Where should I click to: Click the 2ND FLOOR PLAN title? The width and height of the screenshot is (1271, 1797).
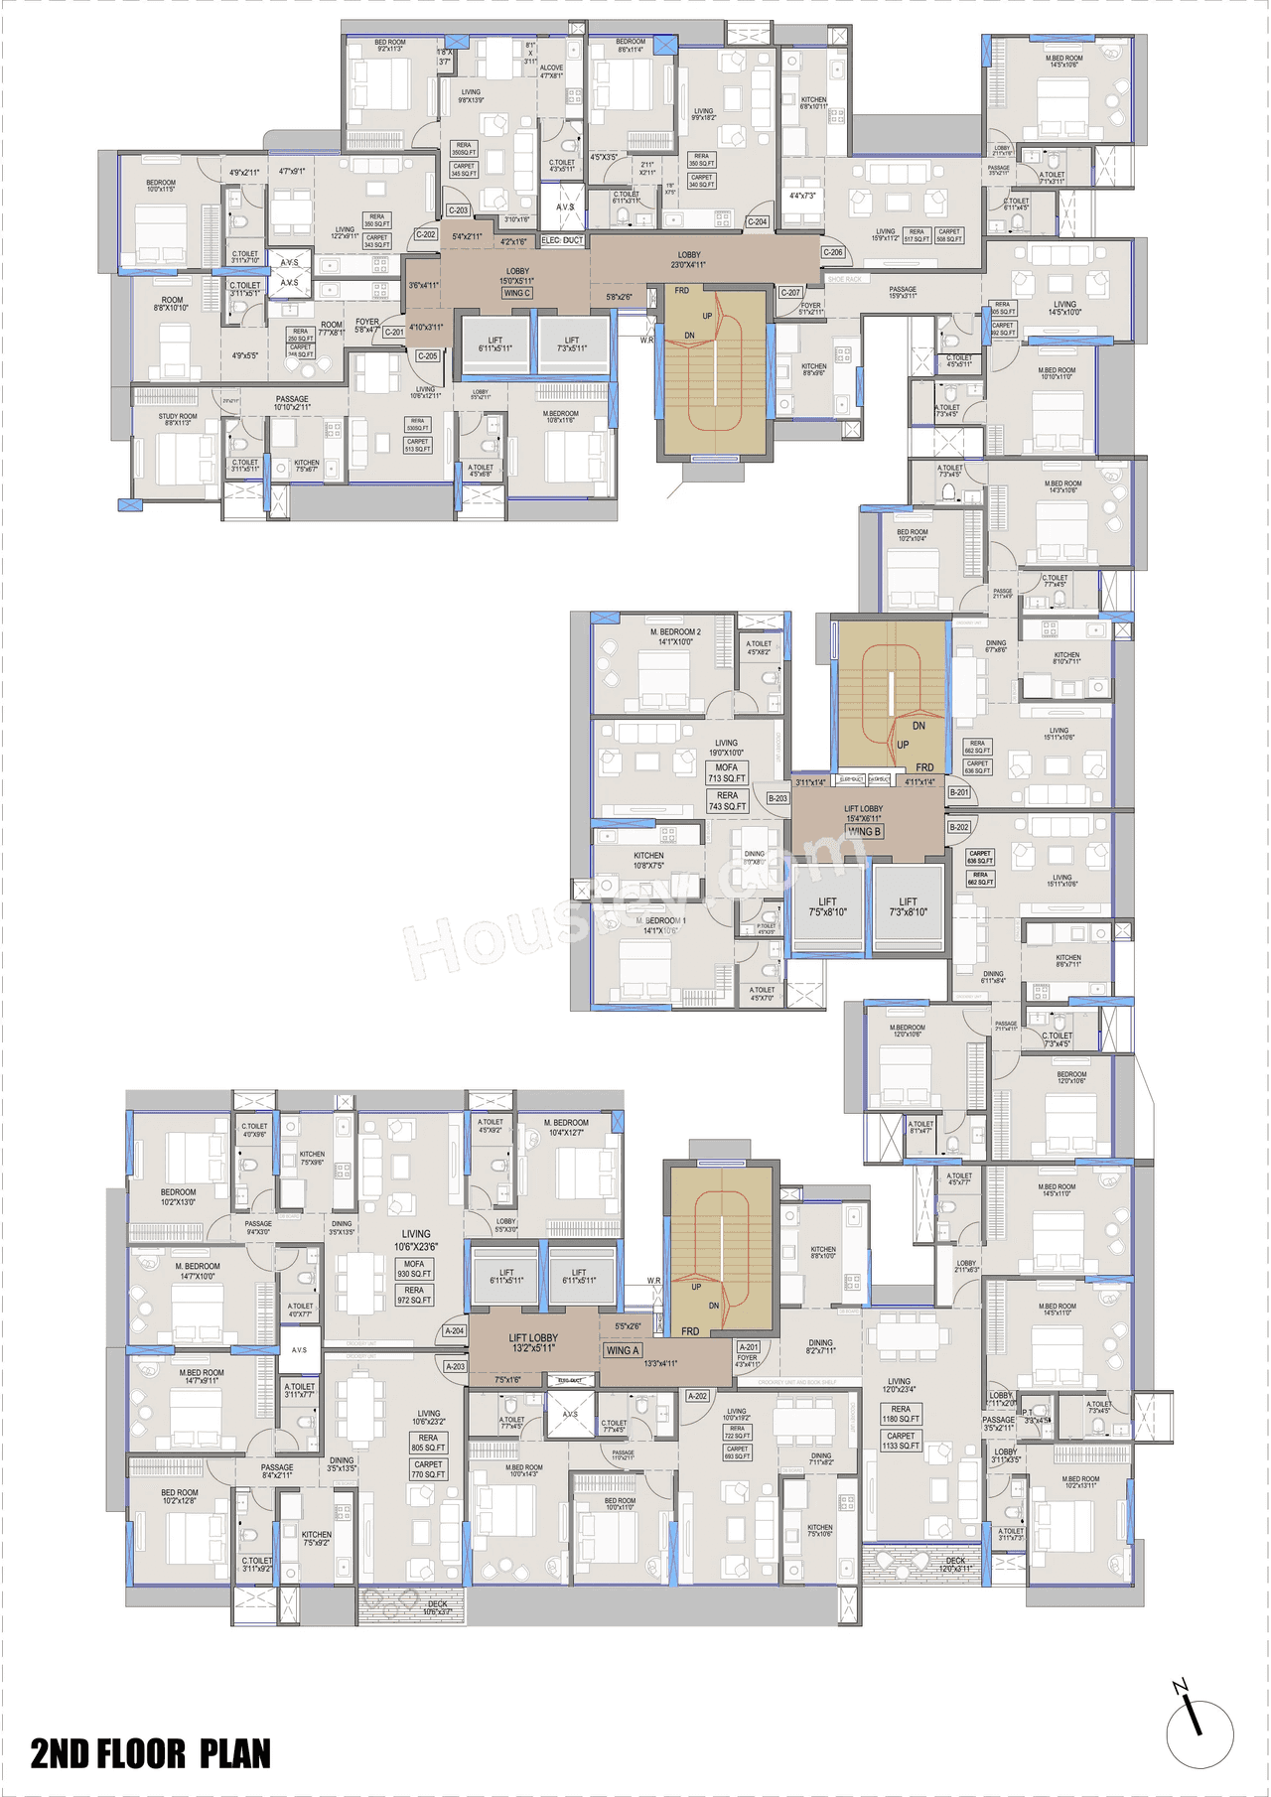click(150, 1753)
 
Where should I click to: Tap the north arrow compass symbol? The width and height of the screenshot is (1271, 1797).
click(1199, 1731)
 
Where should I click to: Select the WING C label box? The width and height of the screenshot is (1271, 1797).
click(517, 293)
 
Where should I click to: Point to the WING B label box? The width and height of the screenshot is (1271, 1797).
click(864, 832)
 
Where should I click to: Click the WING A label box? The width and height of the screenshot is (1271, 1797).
click(623, 1350)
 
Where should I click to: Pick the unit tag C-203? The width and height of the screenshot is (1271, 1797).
click(458, 210)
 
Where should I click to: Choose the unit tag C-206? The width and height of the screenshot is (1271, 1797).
click(833, 252)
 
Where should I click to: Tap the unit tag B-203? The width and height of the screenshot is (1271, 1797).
click(777, 798)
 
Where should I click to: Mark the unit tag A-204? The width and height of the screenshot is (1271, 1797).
click(455, 1330)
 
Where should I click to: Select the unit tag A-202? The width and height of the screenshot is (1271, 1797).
click(698, 1396)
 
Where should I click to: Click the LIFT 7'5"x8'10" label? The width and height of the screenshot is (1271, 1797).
click(827, 907)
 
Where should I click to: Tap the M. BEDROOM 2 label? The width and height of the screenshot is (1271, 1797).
click(675, 636)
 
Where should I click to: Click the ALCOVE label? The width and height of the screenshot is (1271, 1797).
click(552, 71)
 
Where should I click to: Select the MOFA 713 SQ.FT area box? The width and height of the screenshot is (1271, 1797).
click(727, 772)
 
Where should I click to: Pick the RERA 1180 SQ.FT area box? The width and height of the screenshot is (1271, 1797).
click(901, 1414)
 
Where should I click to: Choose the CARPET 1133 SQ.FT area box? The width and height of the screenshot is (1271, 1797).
click(901, 1441)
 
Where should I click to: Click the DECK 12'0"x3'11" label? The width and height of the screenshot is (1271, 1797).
click(955, 1565)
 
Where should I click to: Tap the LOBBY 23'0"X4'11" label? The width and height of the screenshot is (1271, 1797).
click(689, 260)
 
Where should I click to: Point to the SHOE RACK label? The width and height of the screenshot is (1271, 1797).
click(845, 280)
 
